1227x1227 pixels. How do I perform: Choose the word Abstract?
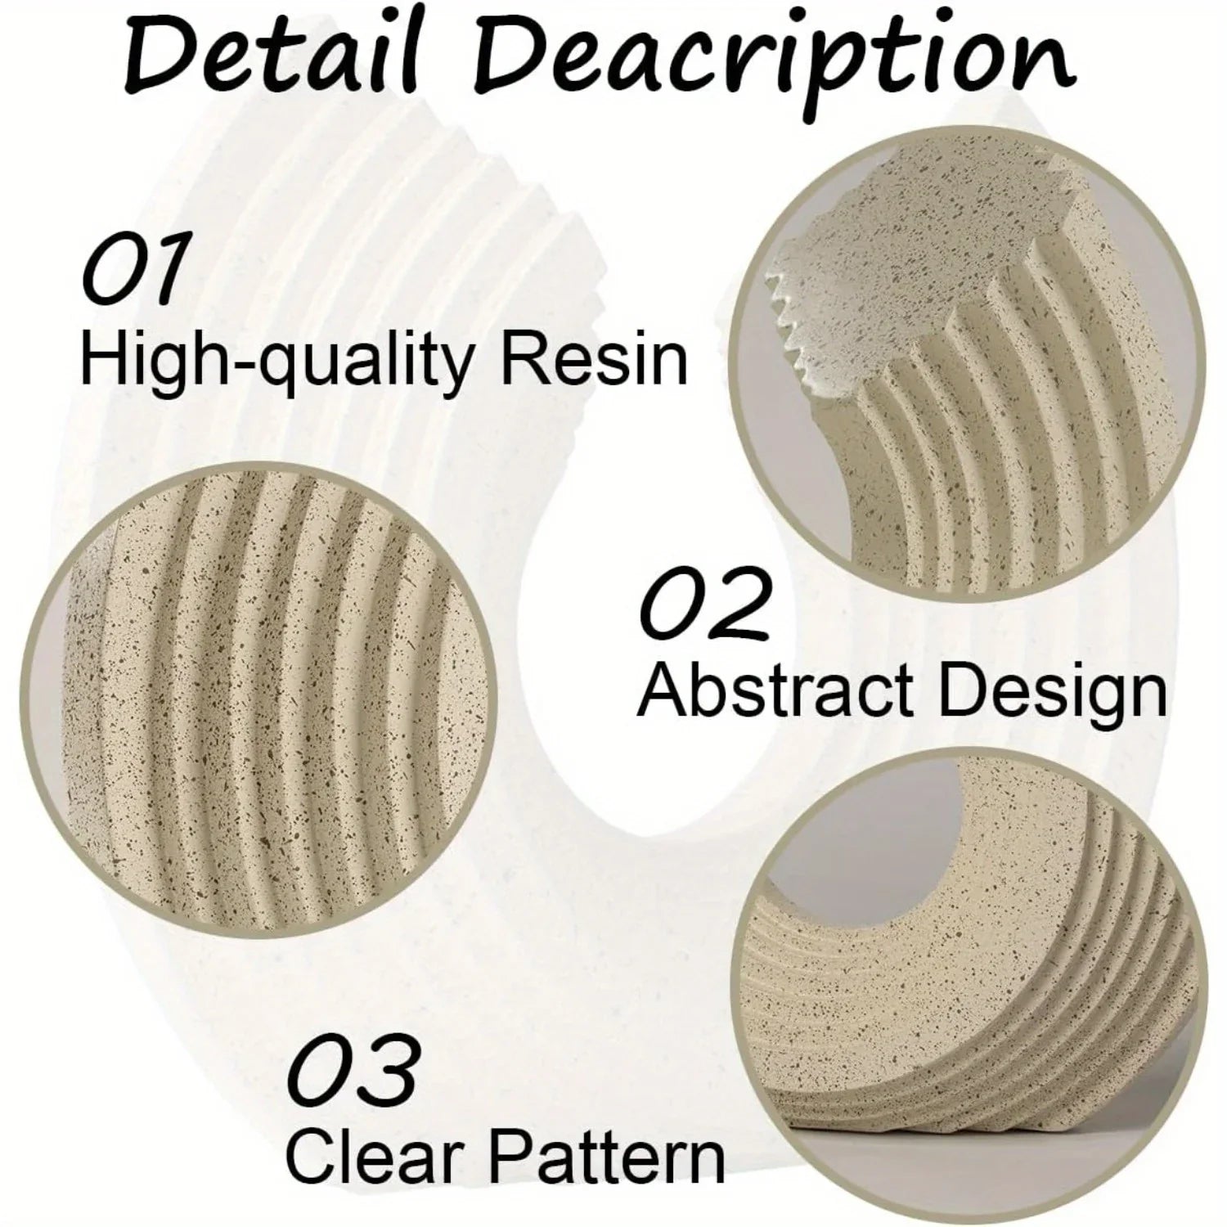pyautogui.click(x=777, y=691)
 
